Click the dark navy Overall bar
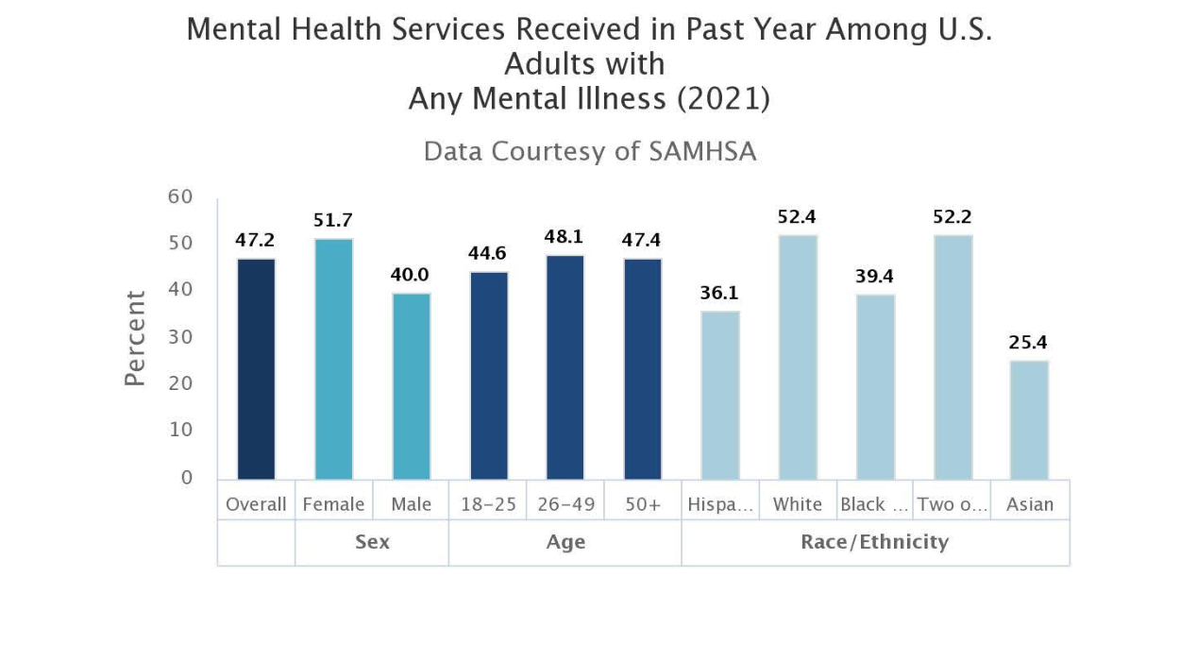256,368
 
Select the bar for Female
333,359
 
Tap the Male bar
411,385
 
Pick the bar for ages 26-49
565,366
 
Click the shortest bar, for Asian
1029,419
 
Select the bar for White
798,357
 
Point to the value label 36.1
719,294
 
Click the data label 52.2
952,217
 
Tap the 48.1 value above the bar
565,237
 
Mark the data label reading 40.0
411,275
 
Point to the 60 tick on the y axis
180,196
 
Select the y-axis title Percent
136,337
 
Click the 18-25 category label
488,504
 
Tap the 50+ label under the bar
643,504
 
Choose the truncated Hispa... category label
720,504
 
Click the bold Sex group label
372,542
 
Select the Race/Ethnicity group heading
874,542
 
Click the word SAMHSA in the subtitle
701,151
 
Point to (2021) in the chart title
723,98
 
